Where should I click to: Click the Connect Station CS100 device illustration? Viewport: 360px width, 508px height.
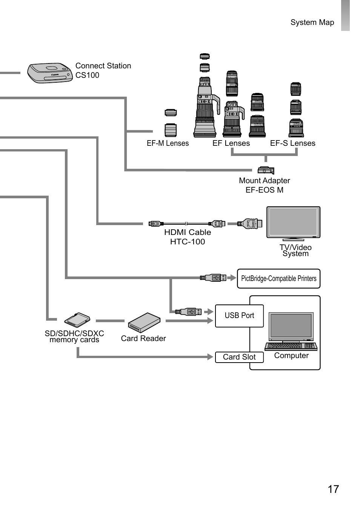49,73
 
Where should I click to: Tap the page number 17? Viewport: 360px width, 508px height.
333,489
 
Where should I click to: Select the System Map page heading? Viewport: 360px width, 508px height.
312,22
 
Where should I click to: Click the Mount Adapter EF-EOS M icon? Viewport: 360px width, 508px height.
266,170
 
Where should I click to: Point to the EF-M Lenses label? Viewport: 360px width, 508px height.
168,144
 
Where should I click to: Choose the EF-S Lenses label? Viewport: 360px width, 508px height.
292,144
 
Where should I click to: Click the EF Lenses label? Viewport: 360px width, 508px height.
231,144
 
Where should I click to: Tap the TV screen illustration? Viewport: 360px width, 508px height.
293,222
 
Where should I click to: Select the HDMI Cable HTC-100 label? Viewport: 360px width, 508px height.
187,237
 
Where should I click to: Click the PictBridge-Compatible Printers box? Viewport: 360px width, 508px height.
278,278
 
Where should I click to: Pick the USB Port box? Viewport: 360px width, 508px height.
239,316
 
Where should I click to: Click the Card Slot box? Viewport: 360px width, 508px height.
239,357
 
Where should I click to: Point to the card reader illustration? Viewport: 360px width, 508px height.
144,323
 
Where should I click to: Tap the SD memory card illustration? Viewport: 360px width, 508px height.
77,320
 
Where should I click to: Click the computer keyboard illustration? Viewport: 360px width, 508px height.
291,346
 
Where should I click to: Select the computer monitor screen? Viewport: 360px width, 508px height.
291,326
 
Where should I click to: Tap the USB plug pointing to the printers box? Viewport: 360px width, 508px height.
213,278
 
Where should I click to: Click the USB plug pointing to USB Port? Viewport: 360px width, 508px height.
188,312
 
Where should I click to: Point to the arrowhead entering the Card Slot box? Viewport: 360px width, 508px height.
210,357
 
